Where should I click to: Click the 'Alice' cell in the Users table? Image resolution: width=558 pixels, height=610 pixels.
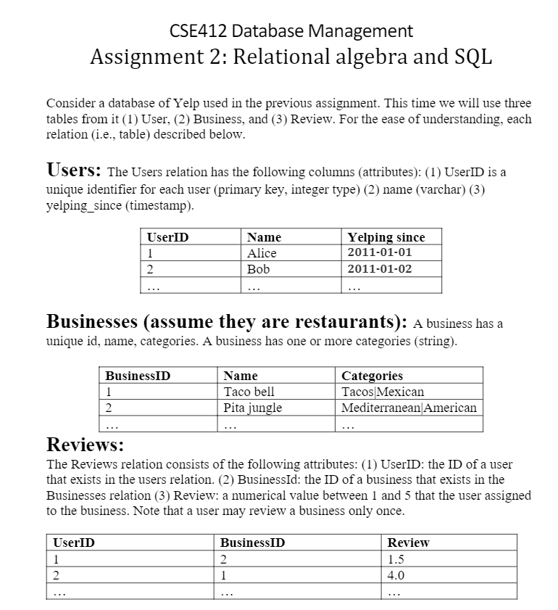(x=262, y=252)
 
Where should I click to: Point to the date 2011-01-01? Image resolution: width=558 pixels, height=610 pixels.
(x=380, y=252)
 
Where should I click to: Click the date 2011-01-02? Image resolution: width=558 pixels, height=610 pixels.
(x=380, y=268)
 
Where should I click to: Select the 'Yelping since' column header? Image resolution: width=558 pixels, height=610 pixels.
(x=386, y=237)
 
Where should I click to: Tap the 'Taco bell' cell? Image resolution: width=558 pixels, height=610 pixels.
(x=249, y=392)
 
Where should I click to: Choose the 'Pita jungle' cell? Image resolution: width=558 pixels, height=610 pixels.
(x=253, y=407)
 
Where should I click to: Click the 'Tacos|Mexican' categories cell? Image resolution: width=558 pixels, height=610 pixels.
(x=383, y=392)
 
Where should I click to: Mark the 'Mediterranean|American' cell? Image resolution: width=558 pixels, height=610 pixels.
(x=409, y=407)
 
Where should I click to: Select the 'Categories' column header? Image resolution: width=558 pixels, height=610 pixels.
(x=372, y=376)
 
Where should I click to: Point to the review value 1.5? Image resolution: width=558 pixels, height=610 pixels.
(x=397, y=559)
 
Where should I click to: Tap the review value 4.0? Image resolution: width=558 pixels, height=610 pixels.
(x=397, y=574)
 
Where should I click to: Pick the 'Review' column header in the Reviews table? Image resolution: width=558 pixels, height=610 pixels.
(x=409, y=543)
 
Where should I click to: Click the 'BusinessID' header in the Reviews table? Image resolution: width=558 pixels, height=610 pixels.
(x=252, y=543)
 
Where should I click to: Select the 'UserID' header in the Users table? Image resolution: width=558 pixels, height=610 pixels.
(x=167, y=237)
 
